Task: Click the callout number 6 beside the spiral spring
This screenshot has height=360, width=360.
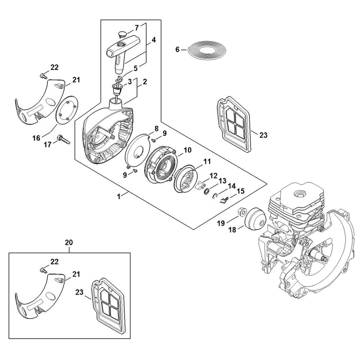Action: [x=177, y=49]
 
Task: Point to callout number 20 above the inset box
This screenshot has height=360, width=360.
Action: [x=69, y=242]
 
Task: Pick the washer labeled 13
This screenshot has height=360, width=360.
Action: [x=206, y=191]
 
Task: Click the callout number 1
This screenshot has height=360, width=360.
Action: [x=118, y=197]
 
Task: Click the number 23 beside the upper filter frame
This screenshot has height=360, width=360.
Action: [x=264, y=135]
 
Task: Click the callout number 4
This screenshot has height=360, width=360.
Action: [x=154, y=40]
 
